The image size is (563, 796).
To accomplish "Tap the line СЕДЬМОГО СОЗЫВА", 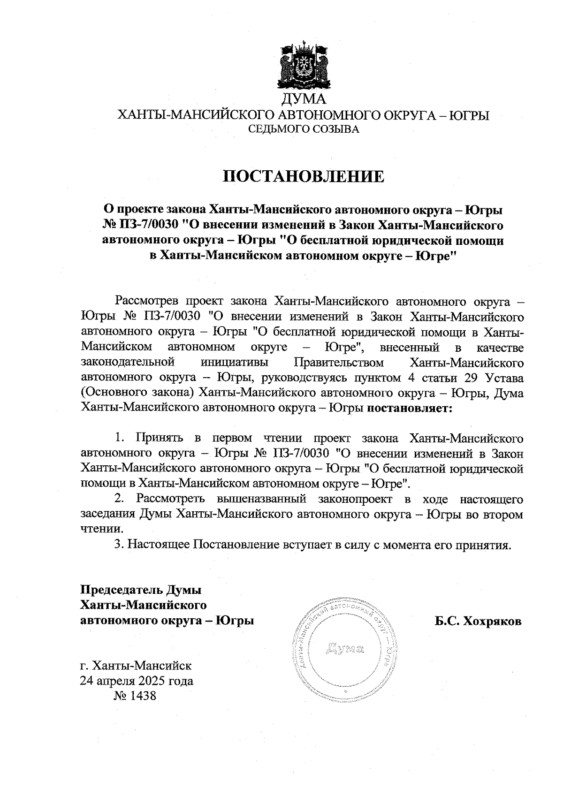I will click(303, 129).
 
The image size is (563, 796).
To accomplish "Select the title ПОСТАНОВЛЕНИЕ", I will click(303, 176).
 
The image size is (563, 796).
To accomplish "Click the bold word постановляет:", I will click(409, 408).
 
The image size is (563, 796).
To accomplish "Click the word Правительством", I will click(338, 363).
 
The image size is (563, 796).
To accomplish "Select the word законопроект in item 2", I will click(351, 499).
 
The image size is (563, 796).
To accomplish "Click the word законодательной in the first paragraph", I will click(128, 363).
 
